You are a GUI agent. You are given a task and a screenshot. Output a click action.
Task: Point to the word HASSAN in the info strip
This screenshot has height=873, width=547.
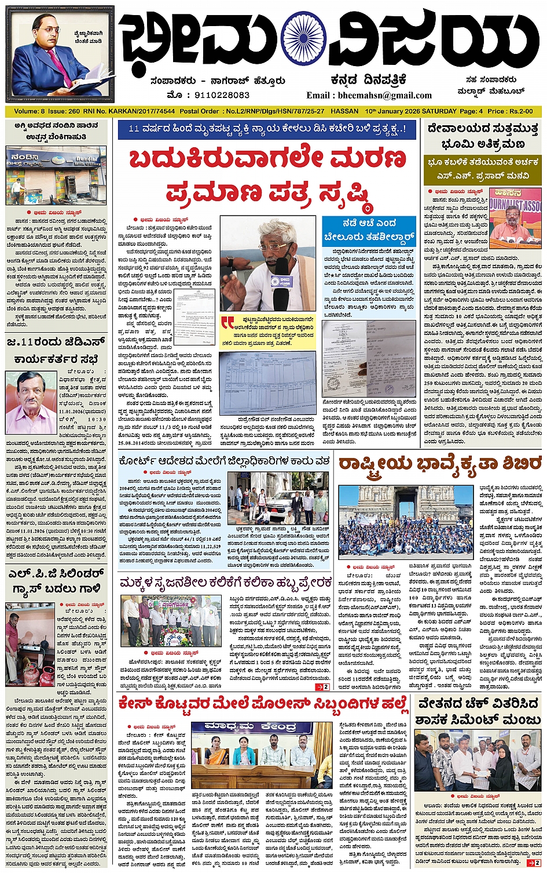click(x=344, y=111)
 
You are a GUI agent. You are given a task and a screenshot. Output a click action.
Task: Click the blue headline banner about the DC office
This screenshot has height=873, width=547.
click(x=267, y=129)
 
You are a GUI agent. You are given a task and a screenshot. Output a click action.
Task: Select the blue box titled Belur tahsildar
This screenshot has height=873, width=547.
click(x=369, y=230)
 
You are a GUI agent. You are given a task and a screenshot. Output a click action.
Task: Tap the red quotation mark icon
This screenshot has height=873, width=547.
click(x=227, y=322)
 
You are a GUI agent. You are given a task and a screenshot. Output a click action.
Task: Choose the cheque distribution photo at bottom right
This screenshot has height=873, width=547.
click(x=477, y=759)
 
